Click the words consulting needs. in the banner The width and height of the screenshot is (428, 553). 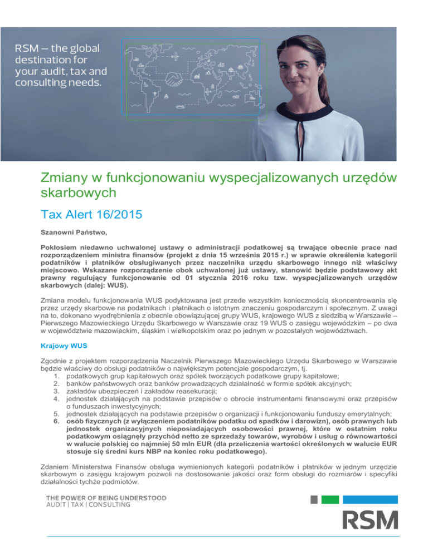(58, 83)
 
